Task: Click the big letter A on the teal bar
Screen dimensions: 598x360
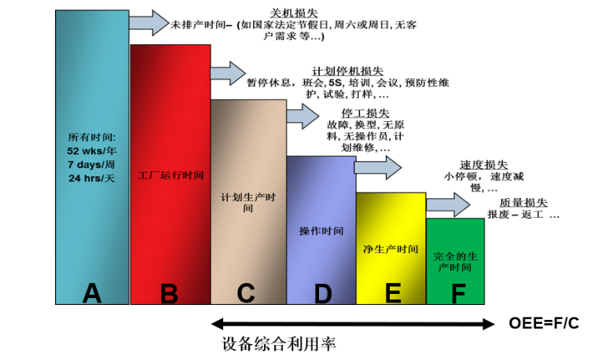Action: (x=92, y=293)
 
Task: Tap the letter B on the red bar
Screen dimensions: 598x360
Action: (x=169, y=294)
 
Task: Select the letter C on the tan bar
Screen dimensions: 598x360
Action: (x=246, y=293)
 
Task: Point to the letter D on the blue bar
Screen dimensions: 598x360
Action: (x=323, y=294)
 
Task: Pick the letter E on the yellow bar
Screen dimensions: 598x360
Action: (x=393, y=293)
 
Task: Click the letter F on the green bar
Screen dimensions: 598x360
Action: (x=458, y=294)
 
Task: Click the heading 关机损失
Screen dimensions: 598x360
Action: (x=294, y=13)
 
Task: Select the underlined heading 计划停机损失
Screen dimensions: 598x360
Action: (x=347, y=71)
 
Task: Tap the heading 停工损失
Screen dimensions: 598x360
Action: (x=365, y=113)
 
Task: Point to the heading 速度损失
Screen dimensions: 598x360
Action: (x=483, y=165)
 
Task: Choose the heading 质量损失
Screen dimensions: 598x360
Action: (x=523, y=203)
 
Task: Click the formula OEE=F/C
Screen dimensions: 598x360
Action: (x=544, y=323)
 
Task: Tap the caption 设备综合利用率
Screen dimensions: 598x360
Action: (x=279, y=344)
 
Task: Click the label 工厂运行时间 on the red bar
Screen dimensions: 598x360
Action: (x=171, y=175)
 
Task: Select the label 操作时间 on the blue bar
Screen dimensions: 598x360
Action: (x=321, y=231)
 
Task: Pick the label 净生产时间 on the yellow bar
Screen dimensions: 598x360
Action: (x=391, y=249)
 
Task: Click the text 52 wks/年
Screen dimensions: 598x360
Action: (x=91, y=151)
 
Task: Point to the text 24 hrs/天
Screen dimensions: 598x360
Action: (x=91, y=178)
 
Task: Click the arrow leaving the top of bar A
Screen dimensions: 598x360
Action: (x=149, y=23)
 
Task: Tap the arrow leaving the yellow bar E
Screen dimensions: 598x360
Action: (x=448, y=205)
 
